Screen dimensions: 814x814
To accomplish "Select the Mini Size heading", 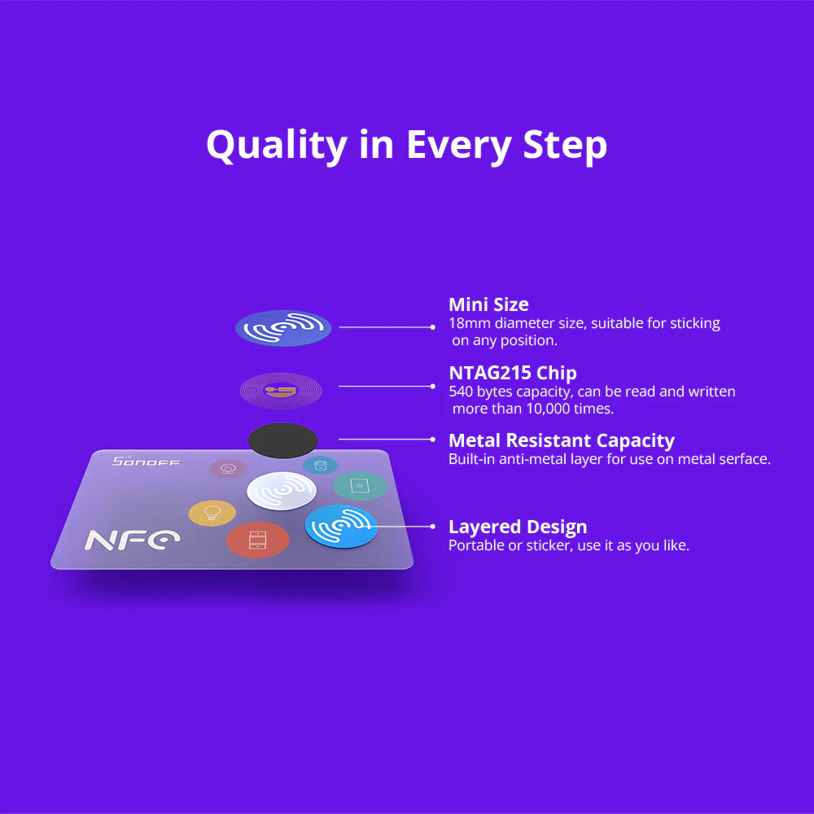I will tap(488, 304).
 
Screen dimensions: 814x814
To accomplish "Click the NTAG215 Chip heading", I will tap(512, 373).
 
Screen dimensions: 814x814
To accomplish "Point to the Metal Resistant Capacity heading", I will tap(561, 440).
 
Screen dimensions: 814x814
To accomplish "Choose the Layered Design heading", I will tap(518, 527).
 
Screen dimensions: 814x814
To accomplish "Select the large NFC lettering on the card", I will tap(133, 540).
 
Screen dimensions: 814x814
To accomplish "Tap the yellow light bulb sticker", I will tap(212, 513).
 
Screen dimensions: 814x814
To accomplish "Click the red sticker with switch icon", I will tap(257, 540).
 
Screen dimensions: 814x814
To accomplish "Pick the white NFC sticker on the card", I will tap(282, 491).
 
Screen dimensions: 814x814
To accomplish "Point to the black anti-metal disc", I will tap(282, 439).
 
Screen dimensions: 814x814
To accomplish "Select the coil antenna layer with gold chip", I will tap(280, 391).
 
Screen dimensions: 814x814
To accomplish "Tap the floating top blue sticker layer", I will tap(282, 327).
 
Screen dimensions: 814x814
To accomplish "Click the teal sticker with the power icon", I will tap(359, 485).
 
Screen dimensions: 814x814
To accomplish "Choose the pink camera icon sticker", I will tap(228, 468).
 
